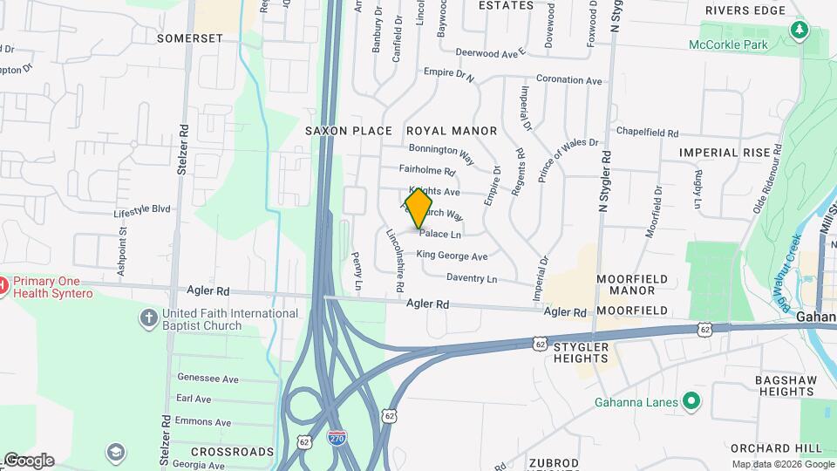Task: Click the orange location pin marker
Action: click(419, 208)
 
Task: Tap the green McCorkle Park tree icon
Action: click(799, 31)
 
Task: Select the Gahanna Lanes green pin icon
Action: click(691, 401)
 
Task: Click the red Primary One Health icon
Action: click(3, 284)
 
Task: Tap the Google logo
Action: click(28, 461)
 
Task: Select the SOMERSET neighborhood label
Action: click(190, 38)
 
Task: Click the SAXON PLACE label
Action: click(349, 131)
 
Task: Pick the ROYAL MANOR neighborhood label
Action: click(452, 131)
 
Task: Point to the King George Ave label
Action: click(452, 256)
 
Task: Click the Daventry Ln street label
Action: click(471, 279)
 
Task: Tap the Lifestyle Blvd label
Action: click(142, 210)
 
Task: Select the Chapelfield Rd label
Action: click(647, 133)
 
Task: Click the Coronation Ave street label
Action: click(569, 79)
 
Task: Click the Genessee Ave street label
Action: click(208, 379)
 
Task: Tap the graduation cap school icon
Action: click(115, 451)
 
